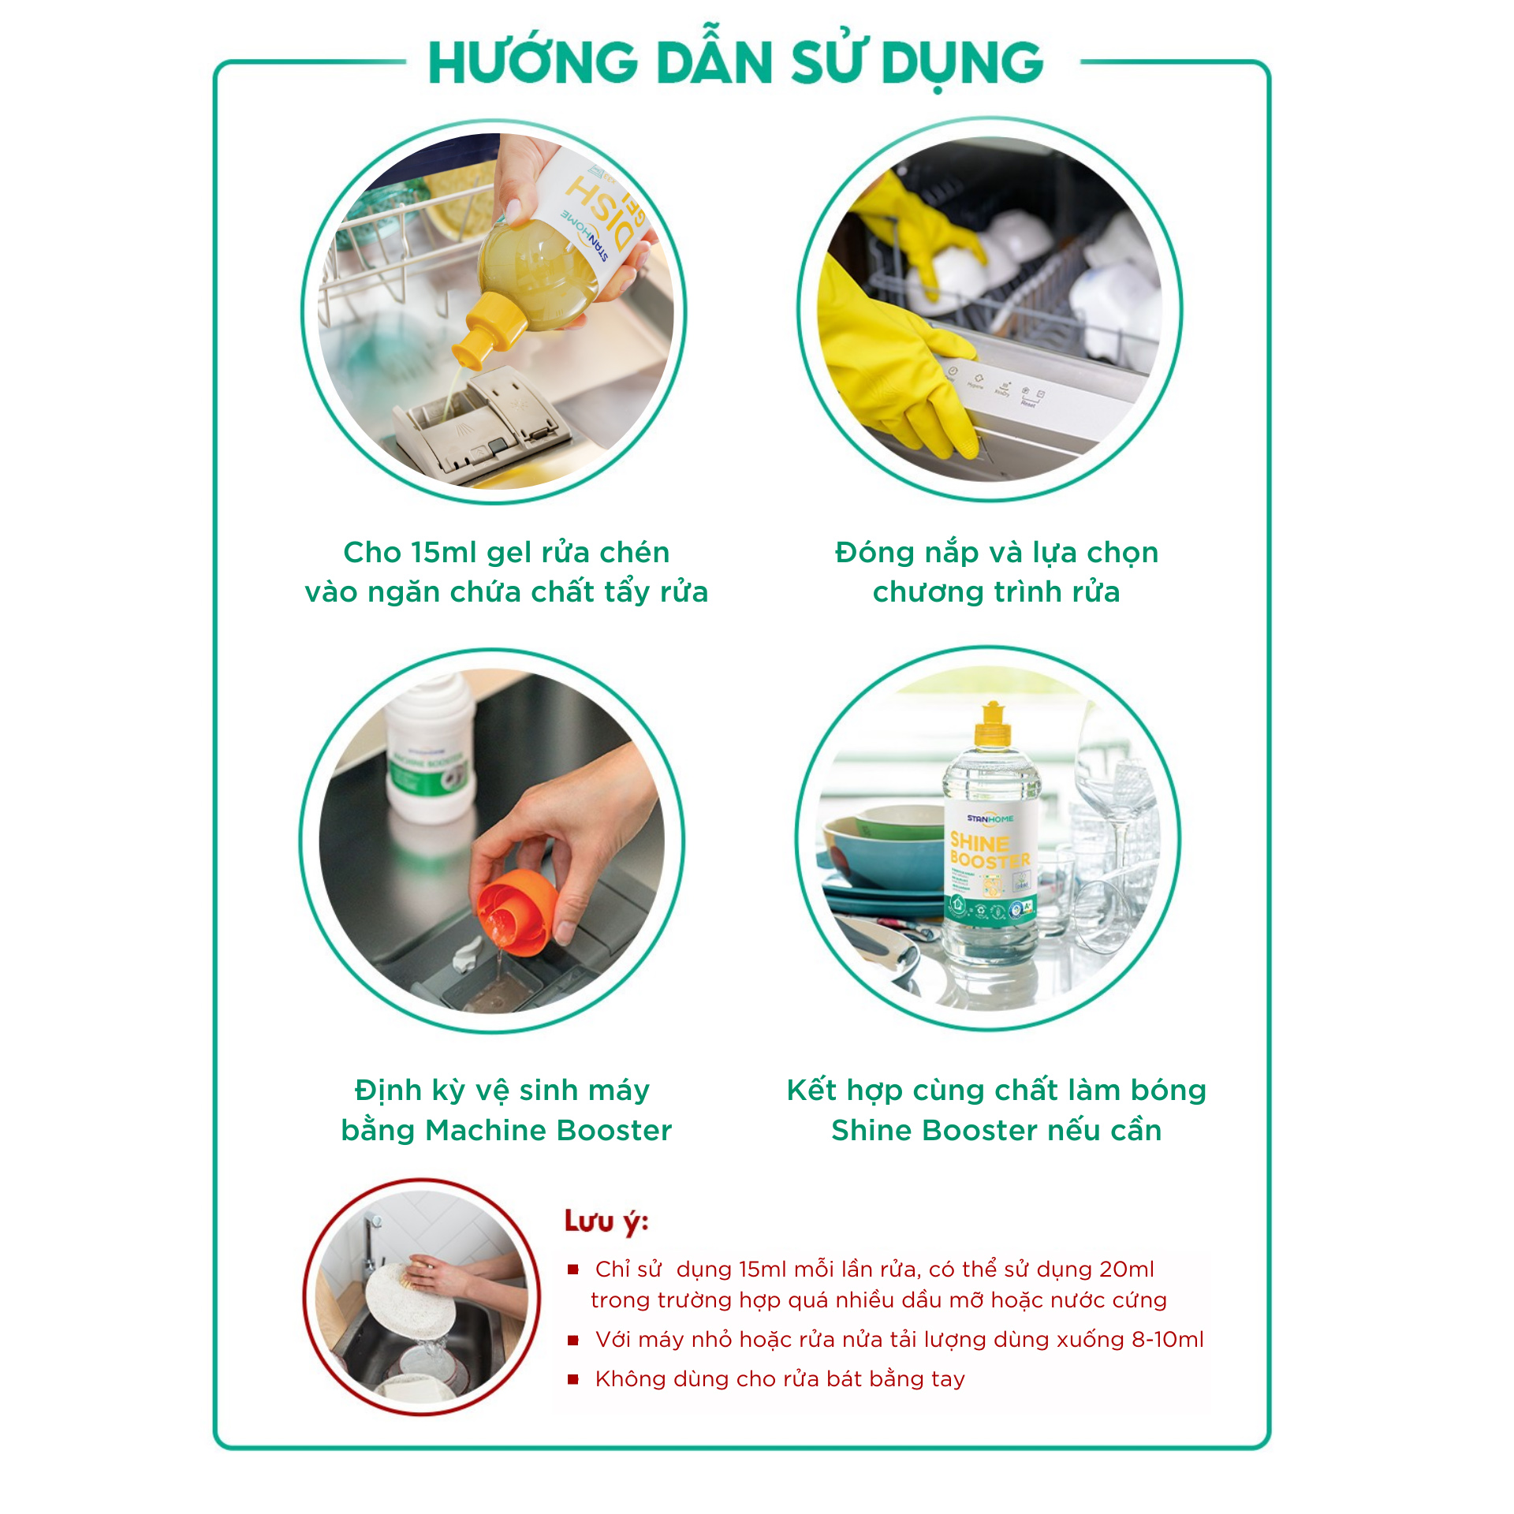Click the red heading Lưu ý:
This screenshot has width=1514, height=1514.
click(x=606, y=1222)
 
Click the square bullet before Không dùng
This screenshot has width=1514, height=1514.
click(x=573, y=1378)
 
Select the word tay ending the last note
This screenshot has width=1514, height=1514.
click(x=947, y=1378)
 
